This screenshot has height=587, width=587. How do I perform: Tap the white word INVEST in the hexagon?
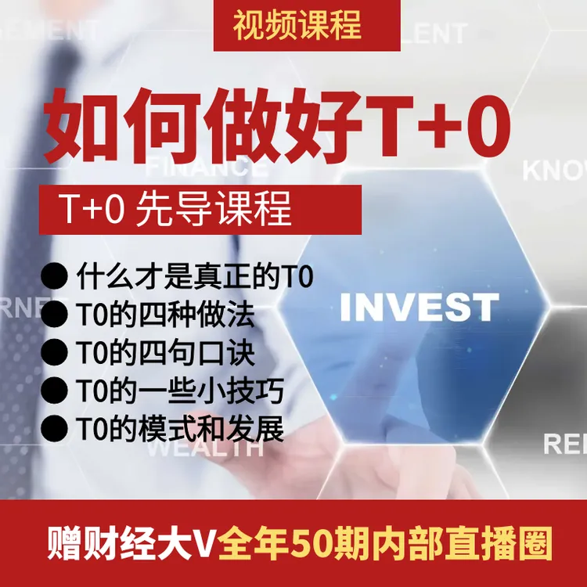pyautogui.click(x=419, y=308)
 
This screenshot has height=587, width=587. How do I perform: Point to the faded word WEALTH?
pyautogui.click(x=205, y=448)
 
